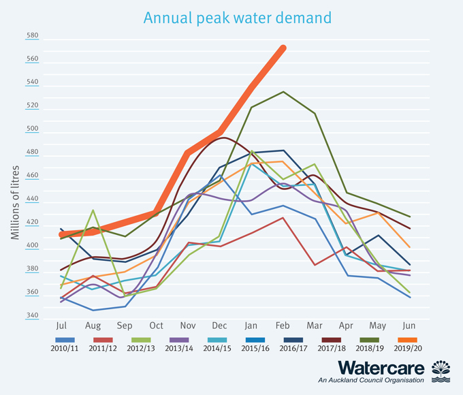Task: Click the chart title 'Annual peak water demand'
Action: click(238, 17)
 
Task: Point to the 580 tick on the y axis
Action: click(33, 35)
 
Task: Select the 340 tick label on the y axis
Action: click(33, 315)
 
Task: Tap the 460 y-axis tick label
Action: click(33, 176)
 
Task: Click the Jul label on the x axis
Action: click(61, 326)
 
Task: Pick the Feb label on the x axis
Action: click(283, 326)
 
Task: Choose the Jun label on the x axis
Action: click(410, 326)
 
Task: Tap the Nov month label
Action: click(188, 326)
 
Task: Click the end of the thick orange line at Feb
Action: click(283, 48)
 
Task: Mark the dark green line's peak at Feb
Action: click(283, 92)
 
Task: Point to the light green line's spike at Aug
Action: click(93, 210)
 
